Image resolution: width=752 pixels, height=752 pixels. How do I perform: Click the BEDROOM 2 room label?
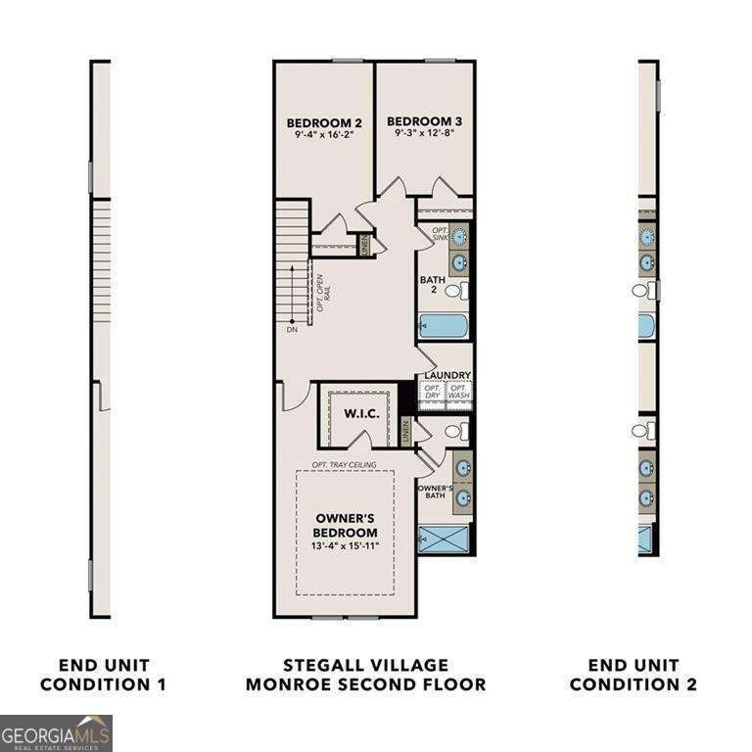[x=324, y=122]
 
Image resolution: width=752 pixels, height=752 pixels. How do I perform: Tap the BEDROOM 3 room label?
[x=424, y=121]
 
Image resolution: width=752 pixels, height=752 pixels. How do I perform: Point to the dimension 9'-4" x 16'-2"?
[x=324, y=135]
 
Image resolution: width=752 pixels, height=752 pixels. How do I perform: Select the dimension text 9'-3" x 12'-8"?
[x=424, y=134]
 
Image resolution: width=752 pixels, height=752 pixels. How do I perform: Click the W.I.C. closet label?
[x=360, y=413]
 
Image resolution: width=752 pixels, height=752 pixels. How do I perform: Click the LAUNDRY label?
[x=447, y=375]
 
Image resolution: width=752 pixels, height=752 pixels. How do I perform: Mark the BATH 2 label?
[x=433, y=285]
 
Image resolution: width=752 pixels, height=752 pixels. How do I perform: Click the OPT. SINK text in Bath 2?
[x=440, y=234]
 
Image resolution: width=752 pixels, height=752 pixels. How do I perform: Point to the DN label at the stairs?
[x=292, y=330]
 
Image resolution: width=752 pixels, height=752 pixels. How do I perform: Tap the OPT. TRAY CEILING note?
[x=344, y=463]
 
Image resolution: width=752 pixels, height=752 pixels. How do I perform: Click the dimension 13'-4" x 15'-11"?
[x=346, y=545]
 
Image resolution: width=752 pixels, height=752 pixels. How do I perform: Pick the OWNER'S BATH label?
[x=434, y=493]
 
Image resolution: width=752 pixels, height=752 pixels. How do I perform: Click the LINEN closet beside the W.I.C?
[x=405, y=429]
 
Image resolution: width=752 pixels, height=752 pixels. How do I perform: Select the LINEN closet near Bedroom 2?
[x=364, y=244]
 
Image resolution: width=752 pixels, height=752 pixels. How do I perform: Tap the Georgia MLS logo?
[x=56, y=732]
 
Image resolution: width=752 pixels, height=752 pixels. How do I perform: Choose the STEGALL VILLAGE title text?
[x=365, y=666]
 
